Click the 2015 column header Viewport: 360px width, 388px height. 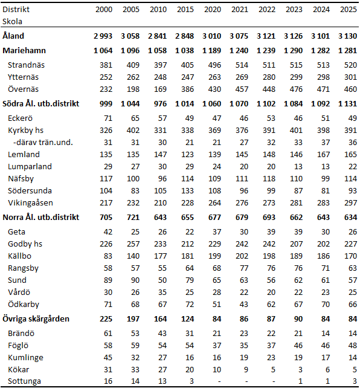pyautogui.click(x=187, y=10)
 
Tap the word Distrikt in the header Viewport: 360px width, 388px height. pyautogui.click(x=16, y=10)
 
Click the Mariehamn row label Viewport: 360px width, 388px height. pyautogui.click(x=24, y=51)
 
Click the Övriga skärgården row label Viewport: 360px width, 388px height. pyautogui.click(x=36, y=318)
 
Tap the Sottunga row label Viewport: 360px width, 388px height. pyautogui.click(x=25, y=381)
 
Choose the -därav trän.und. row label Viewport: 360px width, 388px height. pyautogui.click(x=37, y=142)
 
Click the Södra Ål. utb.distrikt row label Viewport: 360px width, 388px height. pyautogui.click(x=40, y=103)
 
